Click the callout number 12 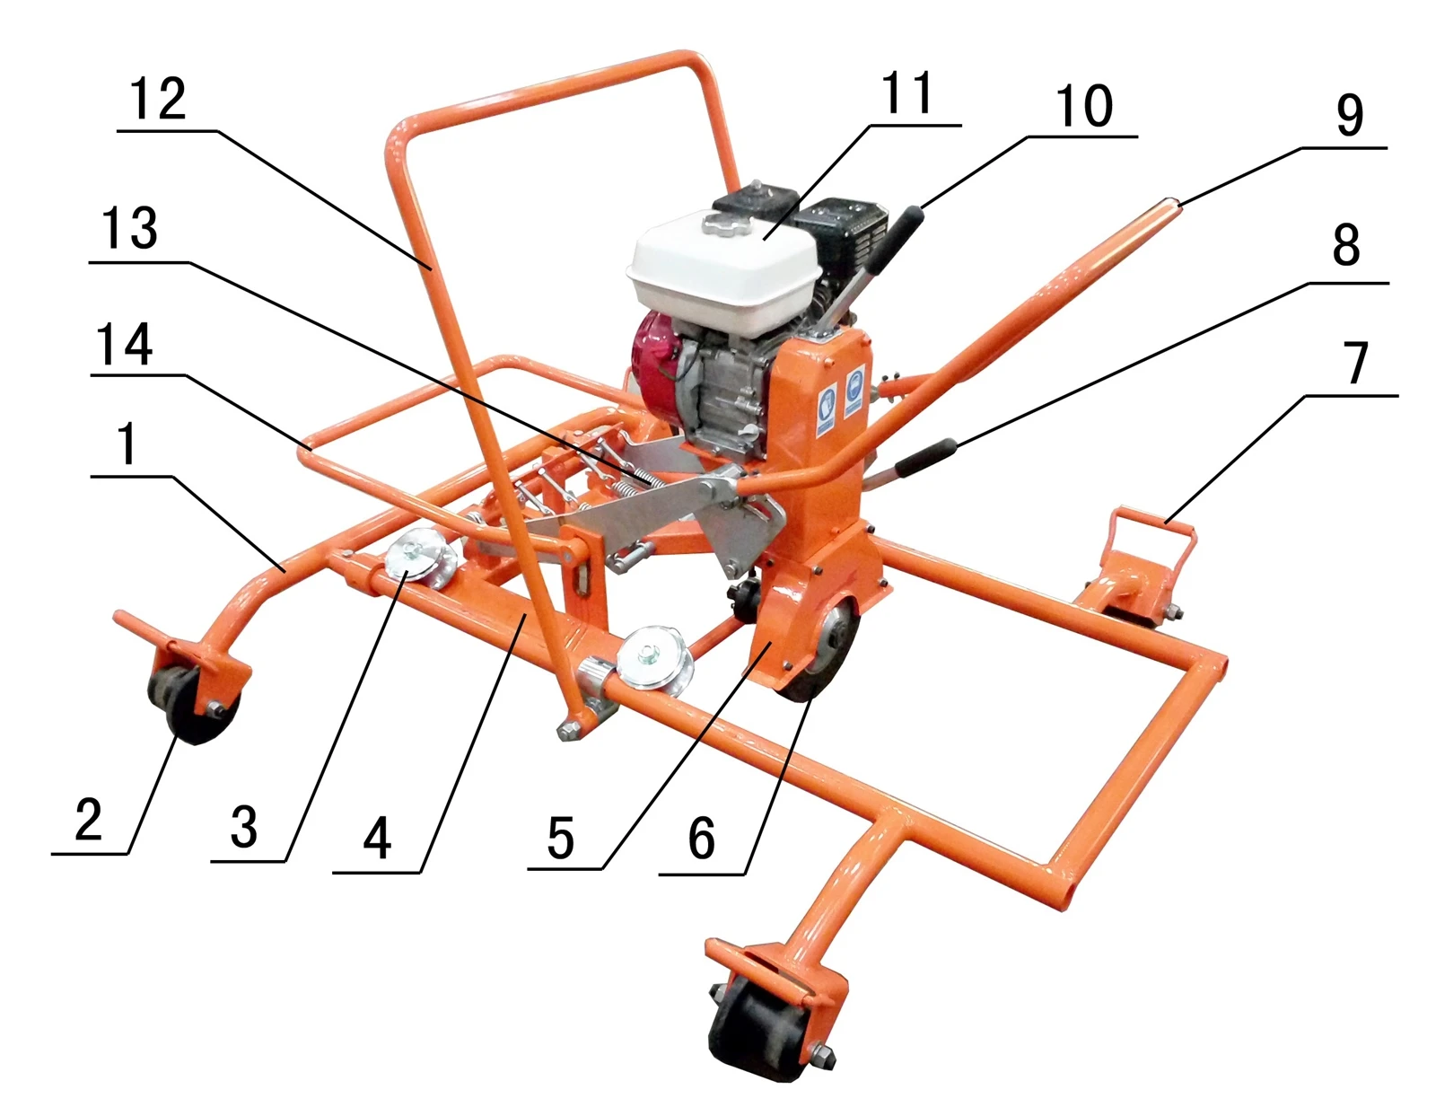tap(158, 99)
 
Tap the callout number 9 tap(1350, 115)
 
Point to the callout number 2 tap(89, 819)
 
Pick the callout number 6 tap(701, 838)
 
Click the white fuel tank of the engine tap(725, 274)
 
